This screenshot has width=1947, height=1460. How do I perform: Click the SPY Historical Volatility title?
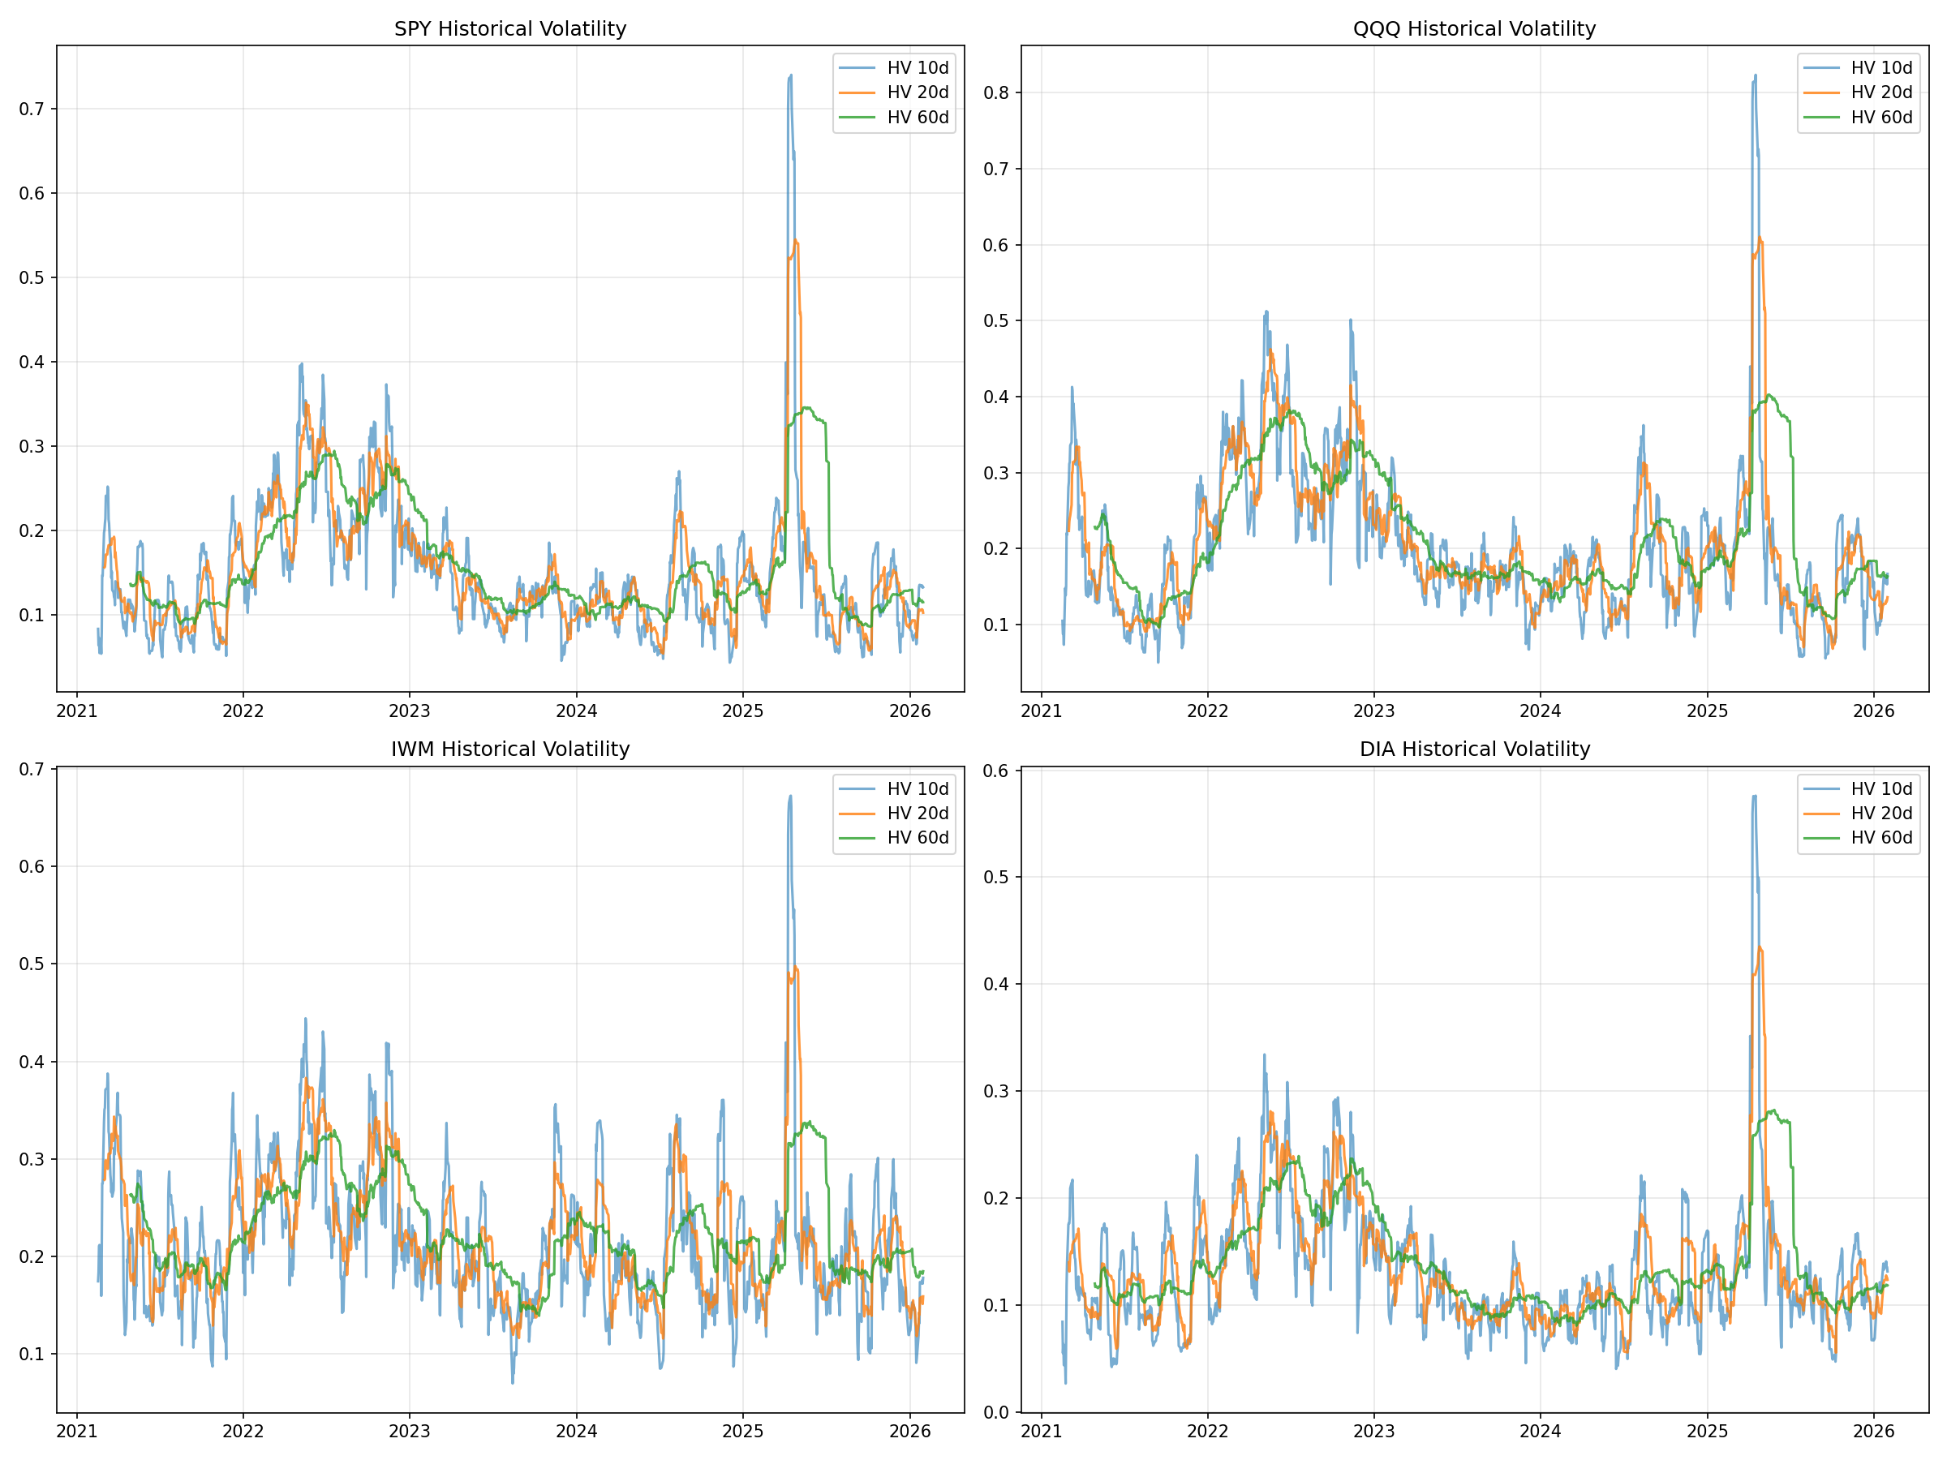tap(509, 29)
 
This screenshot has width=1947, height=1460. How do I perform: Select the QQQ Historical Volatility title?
tap(1474, 29)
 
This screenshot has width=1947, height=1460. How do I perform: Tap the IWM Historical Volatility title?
tap(509, 749)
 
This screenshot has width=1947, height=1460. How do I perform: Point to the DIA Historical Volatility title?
tap(1474, 749)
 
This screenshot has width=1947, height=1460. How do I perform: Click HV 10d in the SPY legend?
tap(918, 68)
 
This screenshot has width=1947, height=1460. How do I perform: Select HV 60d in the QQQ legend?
tap(1881, 117)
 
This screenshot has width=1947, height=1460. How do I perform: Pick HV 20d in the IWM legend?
tap(918, 814)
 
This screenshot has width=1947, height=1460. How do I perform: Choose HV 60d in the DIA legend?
tap(1881, 838)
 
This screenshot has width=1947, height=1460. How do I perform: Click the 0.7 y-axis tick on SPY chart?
tap(32, 109)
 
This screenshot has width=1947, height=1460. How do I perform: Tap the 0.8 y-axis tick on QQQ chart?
tap(996, 92)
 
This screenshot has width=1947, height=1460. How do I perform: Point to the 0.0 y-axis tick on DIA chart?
tap(996, 1412)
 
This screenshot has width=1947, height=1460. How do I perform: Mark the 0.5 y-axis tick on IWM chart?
tap(32, 964)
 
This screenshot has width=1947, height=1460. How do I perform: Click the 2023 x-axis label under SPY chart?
tap(410, 711)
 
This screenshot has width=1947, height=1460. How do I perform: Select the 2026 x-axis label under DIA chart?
tap(1873, 1432)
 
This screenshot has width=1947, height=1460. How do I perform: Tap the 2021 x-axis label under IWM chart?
tap(76, 1432)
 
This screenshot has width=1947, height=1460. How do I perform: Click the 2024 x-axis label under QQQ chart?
tap(1541, 711)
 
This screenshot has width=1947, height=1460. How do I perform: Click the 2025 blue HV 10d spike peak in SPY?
tap(790, 76)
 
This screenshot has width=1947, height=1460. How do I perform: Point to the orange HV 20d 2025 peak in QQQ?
tap(1760, 238)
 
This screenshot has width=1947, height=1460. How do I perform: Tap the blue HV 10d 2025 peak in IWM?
tap(790, 797)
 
